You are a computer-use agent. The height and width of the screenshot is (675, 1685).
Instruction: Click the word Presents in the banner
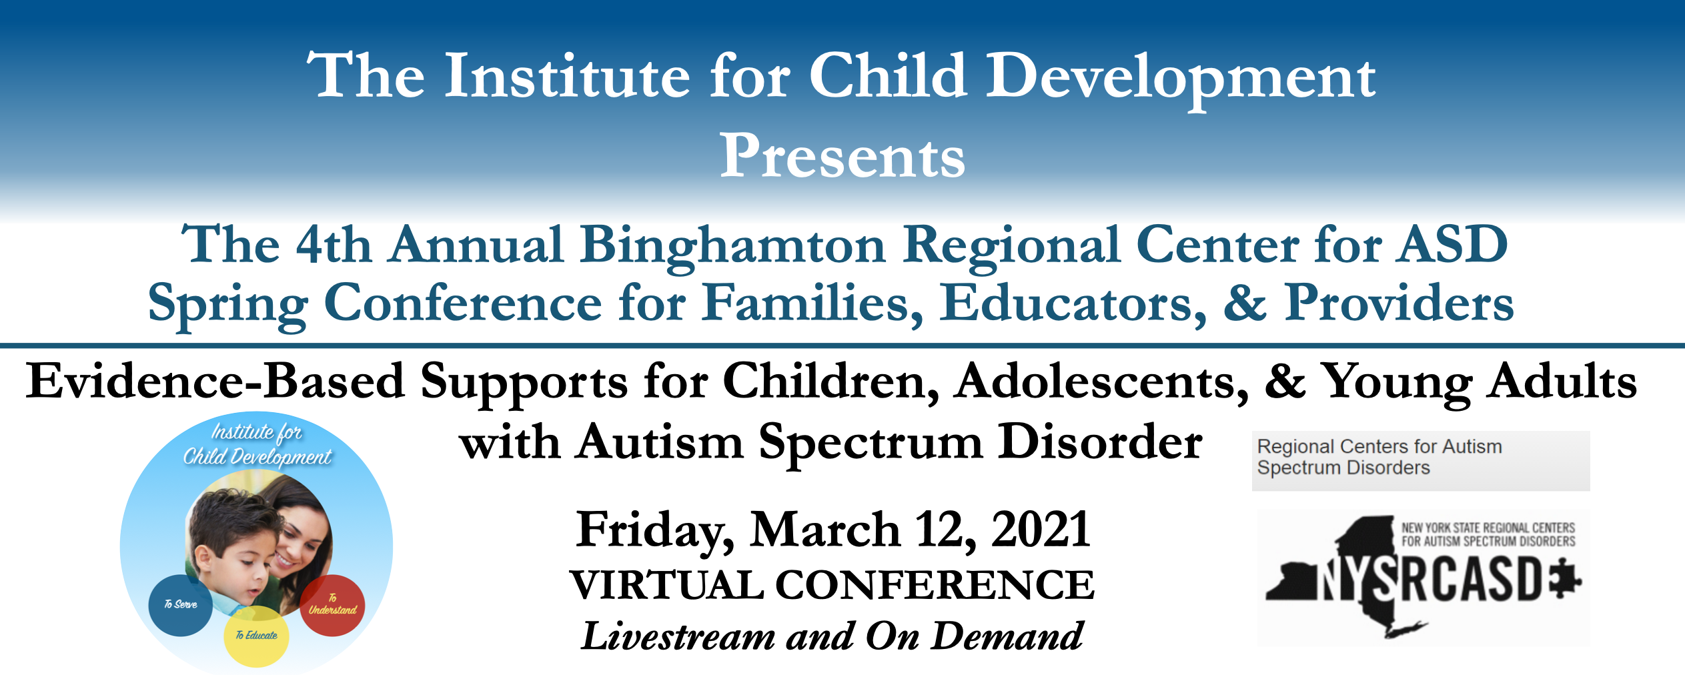[x=842, y=155]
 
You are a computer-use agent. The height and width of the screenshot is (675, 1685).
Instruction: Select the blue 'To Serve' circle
[x=180, y=604]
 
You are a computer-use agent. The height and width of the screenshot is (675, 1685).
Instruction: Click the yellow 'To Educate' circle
[x=256, y=636]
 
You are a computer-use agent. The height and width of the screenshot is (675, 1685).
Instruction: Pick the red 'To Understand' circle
[x=332, y=604]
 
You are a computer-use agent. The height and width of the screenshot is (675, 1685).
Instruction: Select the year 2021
[x=1041, y=530]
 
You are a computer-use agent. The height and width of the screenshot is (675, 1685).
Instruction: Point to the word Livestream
[x=678, y=636]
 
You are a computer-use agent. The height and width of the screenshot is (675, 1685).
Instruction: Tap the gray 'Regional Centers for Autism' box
[x=1421, y=461]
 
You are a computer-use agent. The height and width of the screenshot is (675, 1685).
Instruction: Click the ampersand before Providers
[x=1245, y=303]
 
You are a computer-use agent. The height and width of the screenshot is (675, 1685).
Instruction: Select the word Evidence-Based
[x=215, y=380]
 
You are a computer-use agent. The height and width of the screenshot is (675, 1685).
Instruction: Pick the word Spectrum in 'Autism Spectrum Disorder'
[x=871, y=444]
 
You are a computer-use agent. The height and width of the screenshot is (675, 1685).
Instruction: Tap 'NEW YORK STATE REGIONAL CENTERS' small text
[x=1488, y=528]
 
